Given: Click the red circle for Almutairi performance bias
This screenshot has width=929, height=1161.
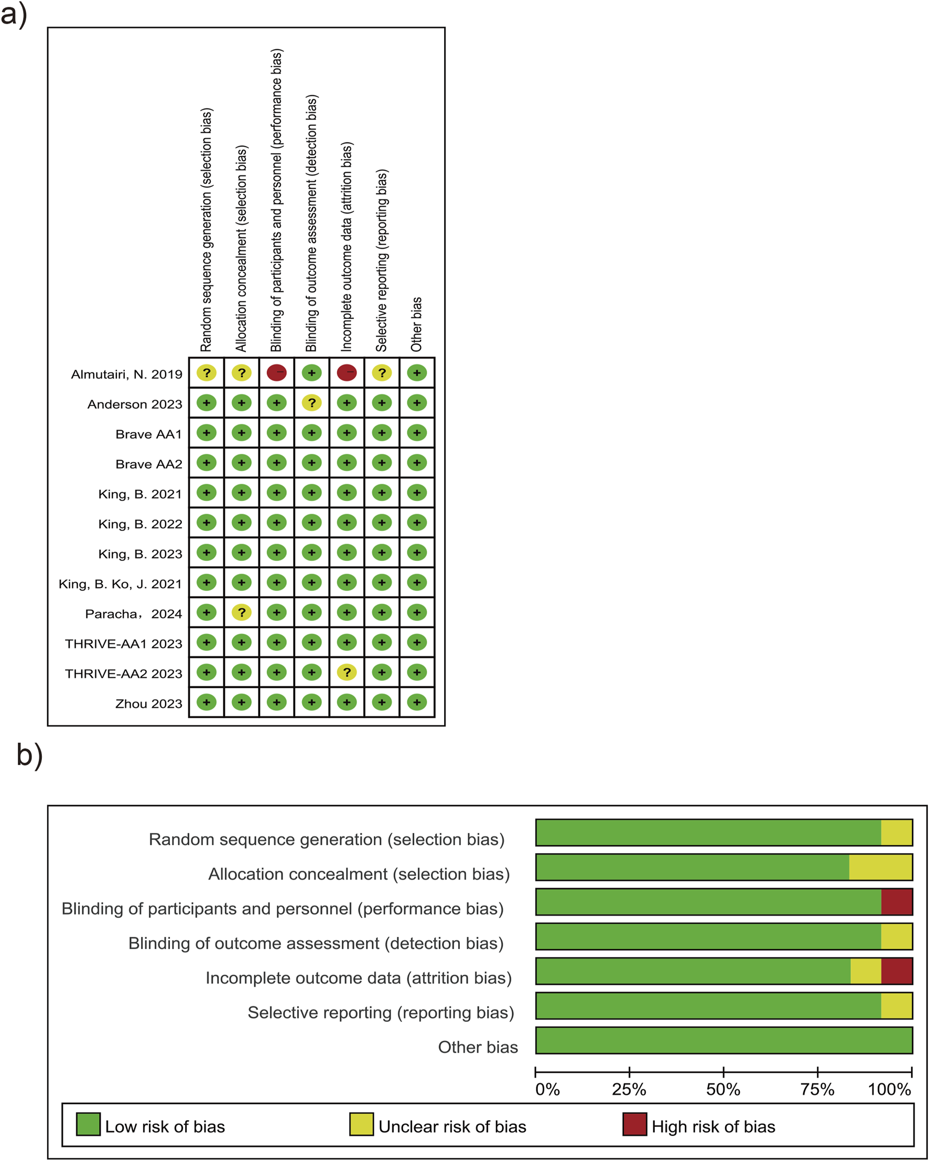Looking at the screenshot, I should [x=277, y=372].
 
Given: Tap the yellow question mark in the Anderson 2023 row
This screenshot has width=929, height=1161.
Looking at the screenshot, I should [x=311, y=403].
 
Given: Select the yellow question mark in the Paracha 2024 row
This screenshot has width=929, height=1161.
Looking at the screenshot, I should [x=242, y=612].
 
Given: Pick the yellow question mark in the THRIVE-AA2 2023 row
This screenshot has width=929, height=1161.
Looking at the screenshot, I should [x=347, y=672].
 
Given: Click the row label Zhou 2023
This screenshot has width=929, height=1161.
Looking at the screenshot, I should [x=148, y=704].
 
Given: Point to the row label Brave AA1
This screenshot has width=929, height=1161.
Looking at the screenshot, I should [x=148, y=434].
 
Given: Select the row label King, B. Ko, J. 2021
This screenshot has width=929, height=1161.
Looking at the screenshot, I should [x=120, y=584].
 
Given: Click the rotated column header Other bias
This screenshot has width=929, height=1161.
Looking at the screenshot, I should [x=417, y=324].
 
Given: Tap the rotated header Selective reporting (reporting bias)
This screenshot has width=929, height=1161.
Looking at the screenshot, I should [x=382, y=261].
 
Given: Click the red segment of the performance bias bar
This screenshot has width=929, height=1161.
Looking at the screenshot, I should [x=896, y=901].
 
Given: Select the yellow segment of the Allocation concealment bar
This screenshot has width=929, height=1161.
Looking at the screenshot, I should [x=881, y=867].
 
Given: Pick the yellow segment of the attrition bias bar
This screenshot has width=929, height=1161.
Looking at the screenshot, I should [x=866, y=971].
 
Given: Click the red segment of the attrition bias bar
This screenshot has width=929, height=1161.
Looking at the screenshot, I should [x=896, y=971].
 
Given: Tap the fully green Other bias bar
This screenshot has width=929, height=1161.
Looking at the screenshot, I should [x=723, y=1040].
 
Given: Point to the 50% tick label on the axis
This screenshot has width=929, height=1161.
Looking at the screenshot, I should [x=723, y=1090].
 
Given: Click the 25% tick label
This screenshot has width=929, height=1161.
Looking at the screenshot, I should [x=629, y=1090].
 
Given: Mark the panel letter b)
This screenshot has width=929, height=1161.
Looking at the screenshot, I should [x=29, y=755].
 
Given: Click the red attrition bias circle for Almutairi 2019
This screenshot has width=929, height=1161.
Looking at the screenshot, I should [x=347, y=372].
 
